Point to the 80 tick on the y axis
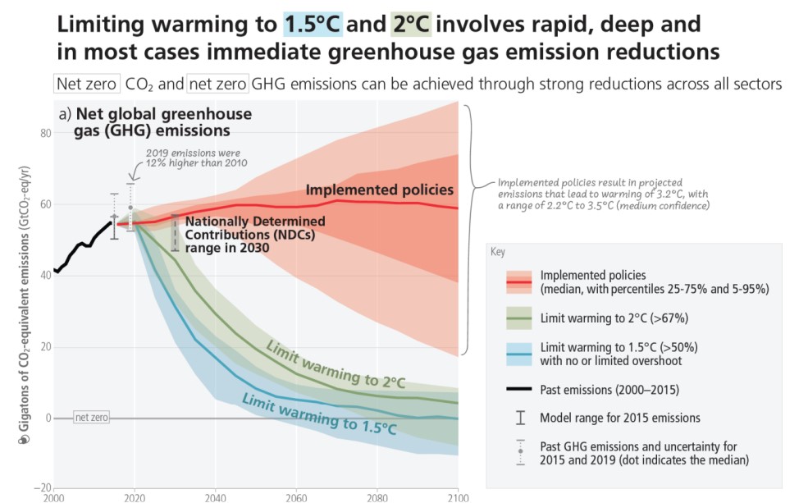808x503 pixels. click(x=45, y=133)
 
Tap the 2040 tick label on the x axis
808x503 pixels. click(x=215, y=497)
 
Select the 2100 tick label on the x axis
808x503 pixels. click(x=457, y=497)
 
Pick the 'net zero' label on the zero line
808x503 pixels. click(x=91, y=418)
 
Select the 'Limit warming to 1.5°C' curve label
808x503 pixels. click(x=304, y=412)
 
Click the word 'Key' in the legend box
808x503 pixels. click(x=497, y=253)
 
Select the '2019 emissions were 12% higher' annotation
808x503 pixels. click(x=196, y=157)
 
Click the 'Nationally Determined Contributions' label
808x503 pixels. click(x=254, y=235)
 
